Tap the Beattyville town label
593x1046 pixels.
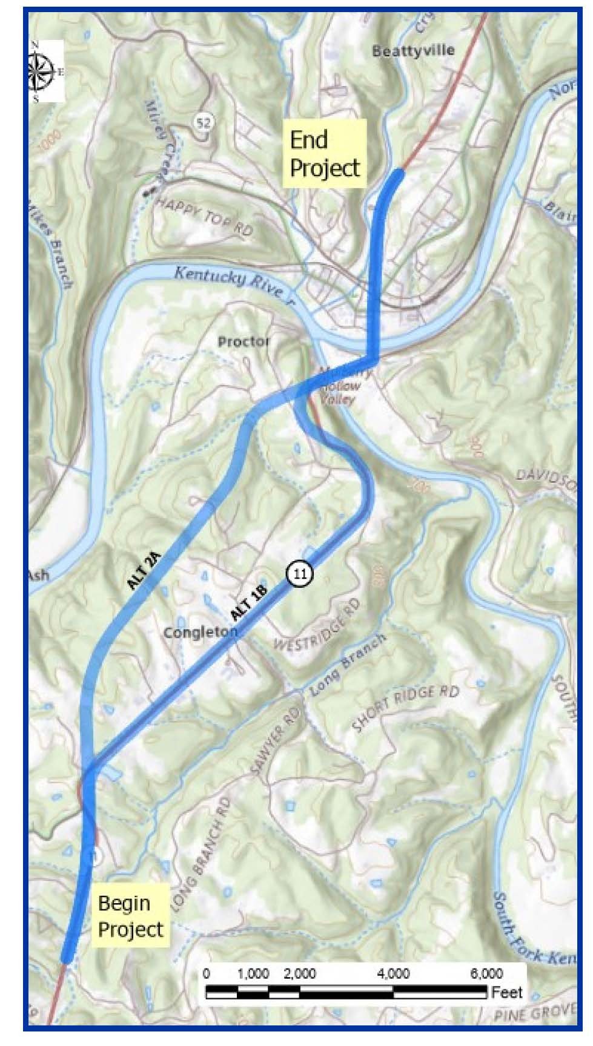pos(413,51)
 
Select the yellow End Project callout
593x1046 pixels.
pos(325,154)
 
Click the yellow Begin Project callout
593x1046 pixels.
pos(131,916)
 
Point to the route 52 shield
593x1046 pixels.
pos(204,123)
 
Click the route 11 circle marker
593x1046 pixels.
pos(299,573)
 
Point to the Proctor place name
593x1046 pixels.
pos(243,342)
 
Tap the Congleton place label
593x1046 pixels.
pos(200,633)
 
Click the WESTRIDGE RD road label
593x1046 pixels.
pos(316,625)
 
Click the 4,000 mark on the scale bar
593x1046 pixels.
pos(393,973)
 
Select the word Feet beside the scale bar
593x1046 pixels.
pos(507,992)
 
